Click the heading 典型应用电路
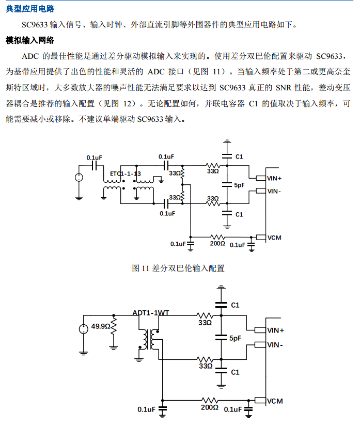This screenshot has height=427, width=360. [30, 9]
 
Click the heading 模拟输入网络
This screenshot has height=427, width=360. [30, 40]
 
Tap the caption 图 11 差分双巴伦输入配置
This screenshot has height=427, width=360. [178, 268]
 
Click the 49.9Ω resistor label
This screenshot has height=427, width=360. [101, 326]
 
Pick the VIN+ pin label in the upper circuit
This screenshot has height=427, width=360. [274, 178]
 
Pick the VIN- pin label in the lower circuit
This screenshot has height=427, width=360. [275, 344]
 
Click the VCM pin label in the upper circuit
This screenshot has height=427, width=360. [274, 238]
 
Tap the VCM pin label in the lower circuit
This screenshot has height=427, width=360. [275, 401]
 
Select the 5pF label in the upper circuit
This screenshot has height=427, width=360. [239, 185]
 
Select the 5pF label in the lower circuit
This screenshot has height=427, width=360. [235, 338]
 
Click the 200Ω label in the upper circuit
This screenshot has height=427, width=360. [217, 244]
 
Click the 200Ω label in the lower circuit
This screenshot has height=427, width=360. [209, 407]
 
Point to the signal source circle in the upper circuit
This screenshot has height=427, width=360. [79, 178]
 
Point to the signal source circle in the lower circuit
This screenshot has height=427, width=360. [83, 329]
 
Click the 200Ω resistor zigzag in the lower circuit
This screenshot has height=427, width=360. [210, 400]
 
